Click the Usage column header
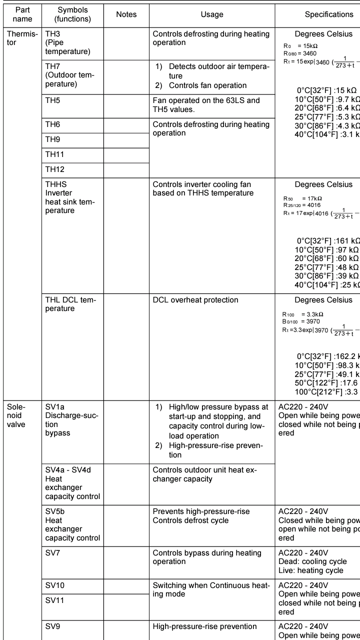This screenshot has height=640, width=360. [x=212, y=14]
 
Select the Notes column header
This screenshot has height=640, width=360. [x=126, y=14]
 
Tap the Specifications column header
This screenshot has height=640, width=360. [x=328, y=14]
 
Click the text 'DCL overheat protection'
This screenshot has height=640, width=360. [x=195, y=300]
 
